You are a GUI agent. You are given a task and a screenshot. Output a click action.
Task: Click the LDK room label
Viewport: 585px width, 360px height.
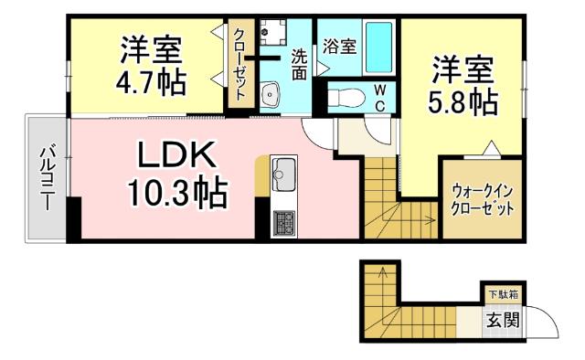pyautogui.click(x=176, y=156)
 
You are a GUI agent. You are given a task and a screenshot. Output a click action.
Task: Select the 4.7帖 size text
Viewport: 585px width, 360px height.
pyautogui.click(x=152, y=81)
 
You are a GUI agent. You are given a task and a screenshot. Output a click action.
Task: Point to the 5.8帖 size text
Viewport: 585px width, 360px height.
pyautogui.click(x=463, y=100)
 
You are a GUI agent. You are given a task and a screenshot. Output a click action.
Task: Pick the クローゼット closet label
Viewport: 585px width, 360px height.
pyautogui.click(x=239, y=64)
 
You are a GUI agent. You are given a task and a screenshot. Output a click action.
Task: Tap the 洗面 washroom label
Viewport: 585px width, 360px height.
pyautogui.click(x=299, y=65)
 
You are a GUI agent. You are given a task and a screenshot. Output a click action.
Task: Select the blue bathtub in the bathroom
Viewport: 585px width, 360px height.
pyautogui.click(x=378, y=48)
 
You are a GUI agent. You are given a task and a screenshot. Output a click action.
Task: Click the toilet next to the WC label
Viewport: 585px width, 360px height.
pyautogui.click(x=345, y=97)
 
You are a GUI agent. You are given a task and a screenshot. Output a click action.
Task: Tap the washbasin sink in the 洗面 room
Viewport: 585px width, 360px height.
pyautogui.click(x=271, y=94)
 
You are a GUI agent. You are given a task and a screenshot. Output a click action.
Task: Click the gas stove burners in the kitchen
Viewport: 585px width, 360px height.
pyautogui.click(x=284, y=222)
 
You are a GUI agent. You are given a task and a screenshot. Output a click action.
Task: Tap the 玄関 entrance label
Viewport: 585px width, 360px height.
pyautogui.click(x=502, y=320)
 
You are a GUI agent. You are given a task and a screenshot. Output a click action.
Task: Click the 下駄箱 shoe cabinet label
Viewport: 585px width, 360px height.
pyautogui.click(x=502, y=295)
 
